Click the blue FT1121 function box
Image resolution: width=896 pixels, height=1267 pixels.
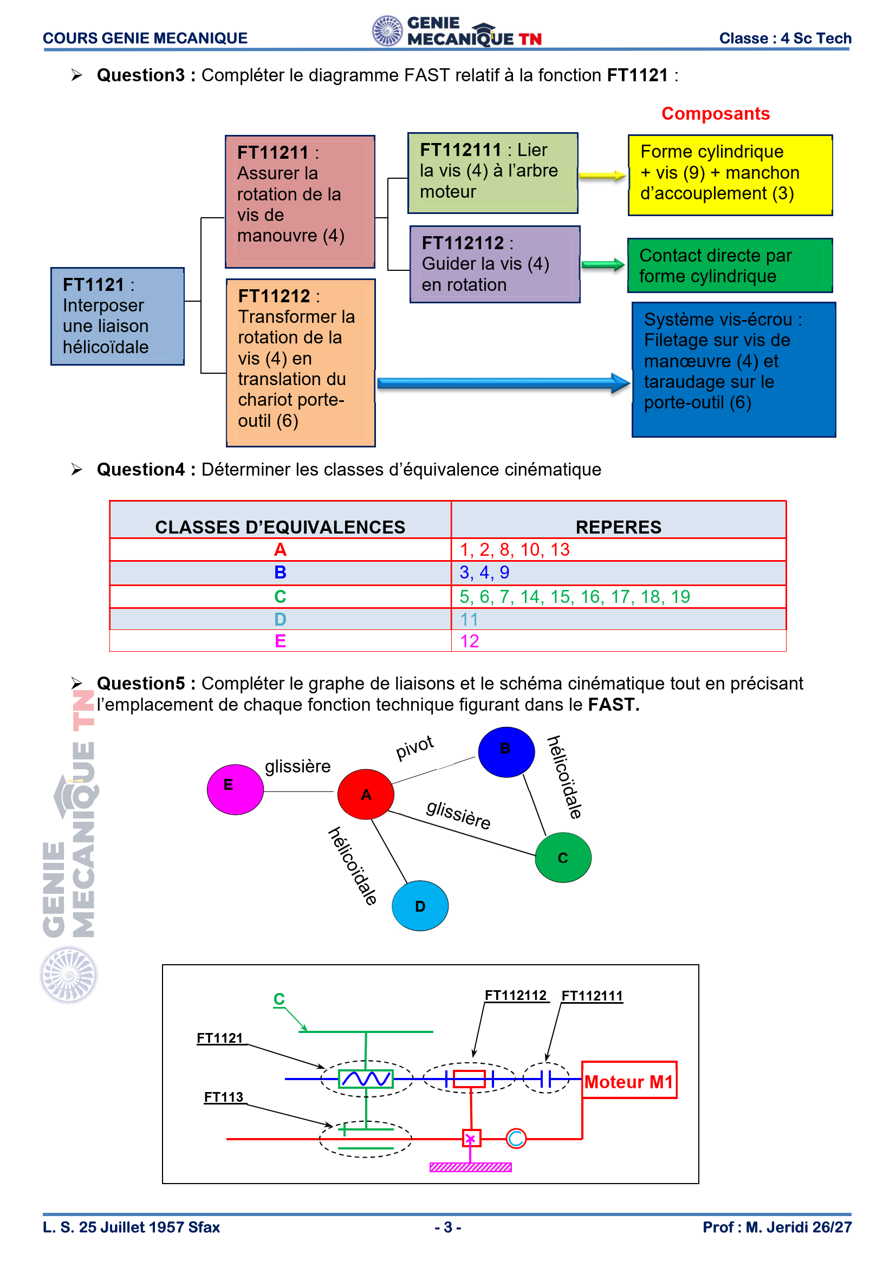click(118, 316)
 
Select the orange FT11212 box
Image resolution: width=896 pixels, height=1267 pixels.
click(301, 362)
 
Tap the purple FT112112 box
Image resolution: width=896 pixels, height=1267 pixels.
click(495, 264)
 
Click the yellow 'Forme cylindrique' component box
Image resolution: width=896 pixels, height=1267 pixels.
click(730, 175)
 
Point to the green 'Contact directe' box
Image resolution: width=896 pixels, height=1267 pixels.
click(730, 265)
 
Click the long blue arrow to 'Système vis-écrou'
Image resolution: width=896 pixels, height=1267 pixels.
click(504, 383)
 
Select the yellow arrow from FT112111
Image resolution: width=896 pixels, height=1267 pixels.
click(602, 176)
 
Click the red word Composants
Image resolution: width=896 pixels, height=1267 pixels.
click(716, 114)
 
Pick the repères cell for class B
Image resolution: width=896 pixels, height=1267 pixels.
click(619, 573)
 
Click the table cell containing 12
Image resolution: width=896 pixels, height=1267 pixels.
click(619, 641)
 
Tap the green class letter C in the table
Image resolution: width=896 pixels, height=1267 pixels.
click(280, 596)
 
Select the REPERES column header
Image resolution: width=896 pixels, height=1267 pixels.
click(619, 527)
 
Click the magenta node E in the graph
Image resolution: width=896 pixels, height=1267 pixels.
click(235, 789)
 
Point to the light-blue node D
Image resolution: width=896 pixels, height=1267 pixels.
click(420, 906)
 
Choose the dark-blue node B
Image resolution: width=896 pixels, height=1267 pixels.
click(506, 752)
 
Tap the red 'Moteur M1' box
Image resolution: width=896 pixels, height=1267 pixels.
click(629, 1080)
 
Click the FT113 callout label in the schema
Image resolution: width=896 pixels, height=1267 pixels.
click(223, 1097)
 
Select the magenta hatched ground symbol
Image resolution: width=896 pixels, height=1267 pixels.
click(471, 1167)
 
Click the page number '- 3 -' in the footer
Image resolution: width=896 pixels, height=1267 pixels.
click(447, 1227)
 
